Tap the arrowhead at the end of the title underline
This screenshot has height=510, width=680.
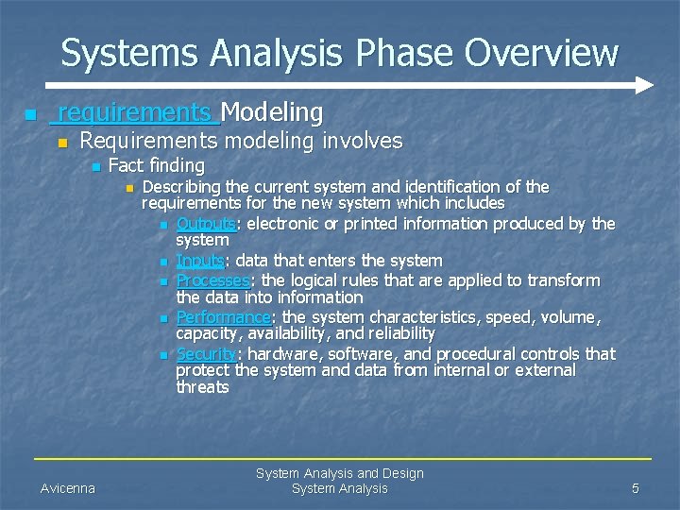(644, 85)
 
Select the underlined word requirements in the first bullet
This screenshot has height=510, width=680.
(135, 113)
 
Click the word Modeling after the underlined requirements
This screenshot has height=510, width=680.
(272, 113)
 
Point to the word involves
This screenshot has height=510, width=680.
(363, 142)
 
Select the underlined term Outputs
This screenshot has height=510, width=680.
(206, 224)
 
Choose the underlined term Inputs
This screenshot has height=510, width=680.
(200, 261)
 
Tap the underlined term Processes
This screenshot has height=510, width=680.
(213, 280)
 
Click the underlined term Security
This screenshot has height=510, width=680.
(206, 354)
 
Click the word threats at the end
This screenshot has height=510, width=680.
(202, 387)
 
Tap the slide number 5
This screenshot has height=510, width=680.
(636, 488)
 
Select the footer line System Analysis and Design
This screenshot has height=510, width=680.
(339, 473)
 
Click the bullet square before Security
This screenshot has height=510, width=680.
(163, 355)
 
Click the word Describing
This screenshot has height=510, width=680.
(182, 187)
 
